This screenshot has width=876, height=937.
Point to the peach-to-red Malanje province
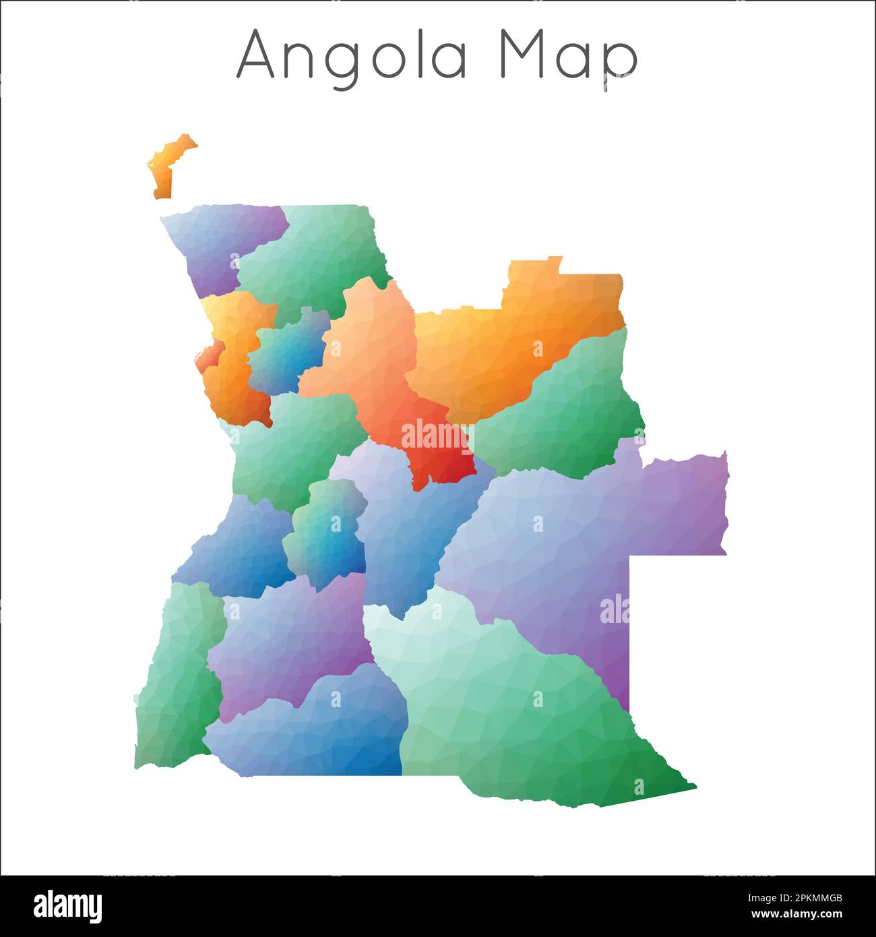pos(377,364)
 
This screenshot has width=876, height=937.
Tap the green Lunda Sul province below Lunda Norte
pos(566,411)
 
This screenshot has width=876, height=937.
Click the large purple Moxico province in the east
pos(573,539)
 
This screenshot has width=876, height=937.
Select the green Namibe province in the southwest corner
pos(175,681)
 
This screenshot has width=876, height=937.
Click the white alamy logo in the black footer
pos(67,906)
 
